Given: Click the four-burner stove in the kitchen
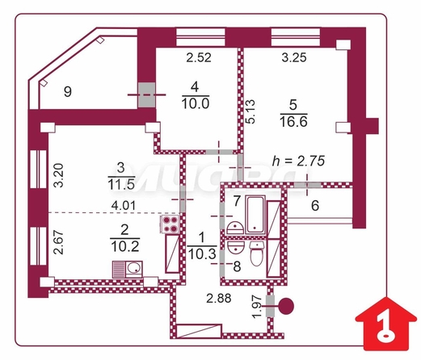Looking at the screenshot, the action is (170, 224).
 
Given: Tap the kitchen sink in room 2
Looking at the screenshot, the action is (128, 269).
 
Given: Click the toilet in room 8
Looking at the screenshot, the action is (256, 253).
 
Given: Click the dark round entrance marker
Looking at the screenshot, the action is (286, 306).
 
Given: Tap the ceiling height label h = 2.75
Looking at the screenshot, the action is (298, 161).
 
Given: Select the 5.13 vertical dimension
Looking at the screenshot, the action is (250, 111).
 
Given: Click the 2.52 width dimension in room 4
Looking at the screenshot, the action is (199, 58).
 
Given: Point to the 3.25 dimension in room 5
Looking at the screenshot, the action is (294, 57).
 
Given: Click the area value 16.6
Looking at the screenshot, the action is (293, 122).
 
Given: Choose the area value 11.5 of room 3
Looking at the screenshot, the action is (121, 185).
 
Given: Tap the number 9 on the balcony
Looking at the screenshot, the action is (68, 91).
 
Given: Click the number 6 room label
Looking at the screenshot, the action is (315, 206).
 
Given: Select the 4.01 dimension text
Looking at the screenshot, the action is (124, 206).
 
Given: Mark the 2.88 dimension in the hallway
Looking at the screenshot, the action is (219, 299).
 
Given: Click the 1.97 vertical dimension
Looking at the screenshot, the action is (257, 307).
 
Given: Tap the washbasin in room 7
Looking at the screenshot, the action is (235, 228).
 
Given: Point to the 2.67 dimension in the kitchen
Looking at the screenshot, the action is (58, 242).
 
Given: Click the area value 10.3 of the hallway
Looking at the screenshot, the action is (202, 253).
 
